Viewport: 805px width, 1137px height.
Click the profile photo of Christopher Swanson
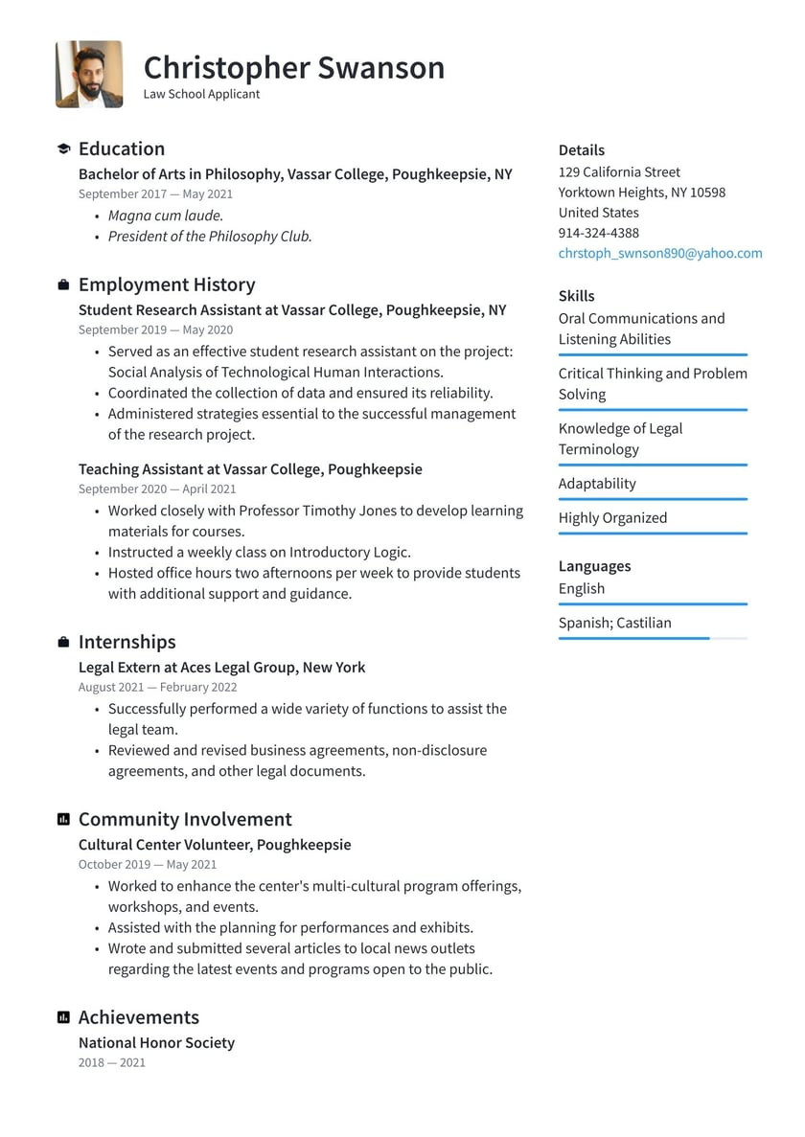click(x=89, y=74)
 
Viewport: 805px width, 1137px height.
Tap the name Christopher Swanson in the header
click(x=294, y=68)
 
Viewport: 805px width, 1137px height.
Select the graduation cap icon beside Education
click(x=63, y=149)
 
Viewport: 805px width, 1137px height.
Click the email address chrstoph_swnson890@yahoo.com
click(x=660, y=253)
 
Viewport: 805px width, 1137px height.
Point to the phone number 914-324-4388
click(x=598, y=233)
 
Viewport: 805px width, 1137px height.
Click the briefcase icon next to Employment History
click(x=63, y=285)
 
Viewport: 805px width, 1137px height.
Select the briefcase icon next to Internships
click(x=63, y=643)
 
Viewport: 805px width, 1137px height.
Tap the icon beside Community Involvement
click(x=63, y=820)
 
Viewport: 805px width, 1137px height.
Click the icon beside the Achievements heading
click(x=63, y=1018)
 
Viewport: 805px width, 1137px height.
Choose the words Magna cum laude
click(x=165, y=216)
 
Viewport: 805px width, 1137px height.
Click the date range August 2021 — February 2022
click(x=157, y=687)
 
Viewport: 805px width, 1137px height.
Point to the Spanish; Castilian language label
click(x=614, y=623)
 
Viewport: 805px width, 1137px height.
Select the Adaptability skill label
click(x=597, y=484)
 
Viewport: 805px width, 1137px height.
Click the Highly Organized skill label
click(x=612, y=518)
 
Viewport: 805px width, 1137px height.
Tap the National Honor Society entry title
click(x=156, y=1042)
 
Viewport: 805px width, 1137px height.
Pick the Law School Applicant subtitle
click(x=201, y=94)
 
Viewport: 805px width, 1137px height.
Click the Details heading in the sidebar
click(x=582, y=150)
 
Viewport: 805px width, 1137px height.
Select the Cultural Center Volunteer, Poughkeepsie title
click(x=215, y=845)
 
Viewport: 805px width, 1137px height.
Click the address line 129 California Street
click(x=619, y=172)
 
